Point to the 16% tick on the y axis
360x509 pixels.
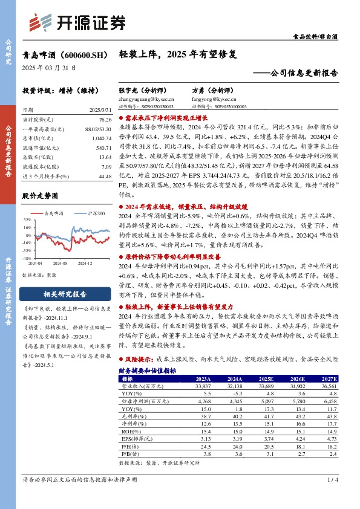tap(27, 227)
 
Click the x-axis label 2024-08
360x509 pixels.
tap(60, 263)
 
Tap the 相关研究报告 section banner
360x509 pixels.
tap(65, 295)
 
